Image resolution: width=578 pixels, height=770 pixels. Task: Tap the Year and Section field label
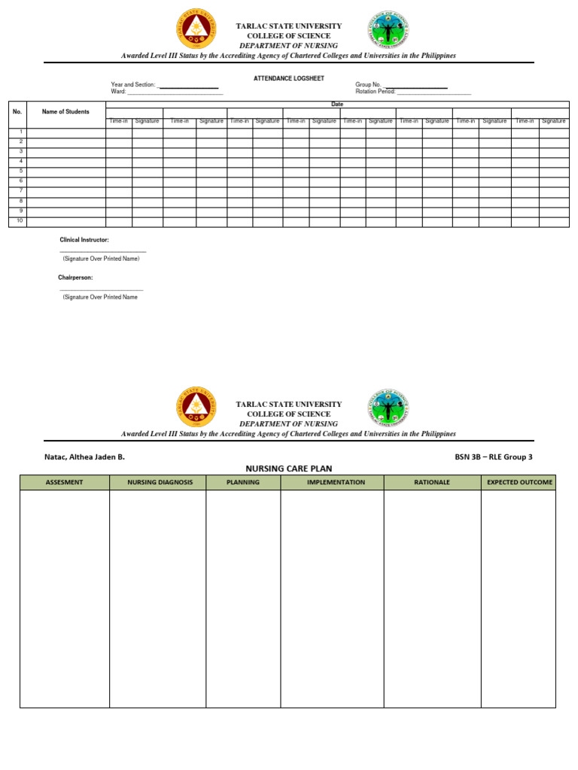[x=133, y=85]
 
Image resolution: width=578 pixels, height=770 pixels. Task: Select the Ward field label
[x=118, y=92]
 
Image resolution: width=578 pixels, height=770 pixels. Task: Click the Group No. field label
[x=369, y=85]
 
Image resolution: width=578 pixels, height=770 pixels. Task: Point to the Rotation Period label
[x=375, y=92]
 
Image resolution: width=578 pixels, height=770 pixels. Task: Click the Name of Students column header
[x=65, y=112]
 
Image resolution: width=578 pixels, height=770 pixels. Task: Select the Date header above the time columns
[x=337, y=105]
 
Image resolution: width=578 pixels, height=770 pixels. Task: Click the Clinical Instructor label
[x=84, y=239]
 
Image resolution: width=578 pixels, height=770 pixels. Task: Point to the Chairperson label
[x=75, y=277]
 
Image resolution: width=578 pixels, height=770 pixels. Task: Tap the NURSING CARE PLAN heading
[x=288, y=468]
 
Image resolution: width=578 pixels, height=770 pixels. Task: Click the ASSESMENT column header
[x=65, y=482]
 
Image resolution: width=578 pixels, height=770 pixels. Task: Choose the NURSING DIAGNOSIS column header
[x=157, y=482]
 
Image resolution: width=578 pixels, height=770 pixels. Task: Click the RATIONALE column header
[x=432, y=482]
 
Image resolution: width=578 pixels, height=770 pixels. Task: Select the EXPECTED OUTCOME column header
[x=519, y=482]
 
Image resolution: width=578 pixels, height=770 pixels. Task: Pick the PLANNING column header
[x=243, y=482]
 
